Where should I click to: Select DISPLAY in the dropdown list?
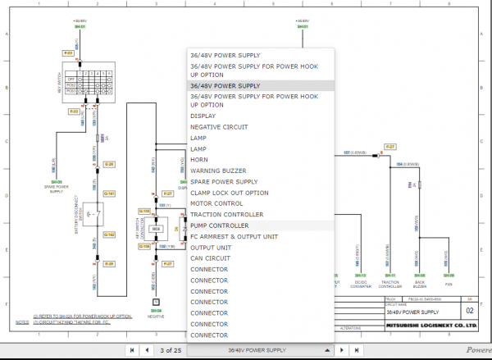point(203,116)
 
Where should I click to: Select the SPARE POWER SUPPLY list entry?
point(223,181)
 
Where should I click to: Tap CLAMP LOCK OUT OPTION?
point(229,193)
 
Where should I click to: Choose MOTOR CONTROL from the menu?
point(216,203)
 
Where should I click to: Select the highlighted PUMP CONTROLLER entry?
point(220,225)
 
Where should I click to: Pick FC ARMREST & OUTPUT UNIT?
point(234,236)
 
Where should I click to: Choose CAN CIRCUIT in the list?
point(210,258)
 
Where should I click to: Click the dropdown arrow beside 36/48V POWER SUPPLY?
point(327,350)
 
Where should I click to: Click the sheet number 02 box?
point(469,312)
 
